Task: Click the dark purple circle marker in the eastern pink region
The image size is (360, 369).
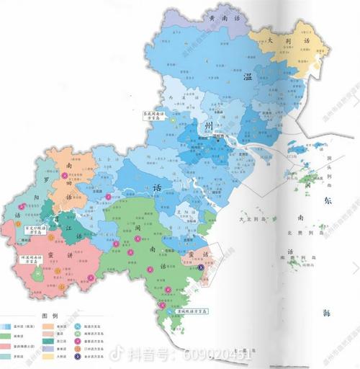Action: tap(201, 268)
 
